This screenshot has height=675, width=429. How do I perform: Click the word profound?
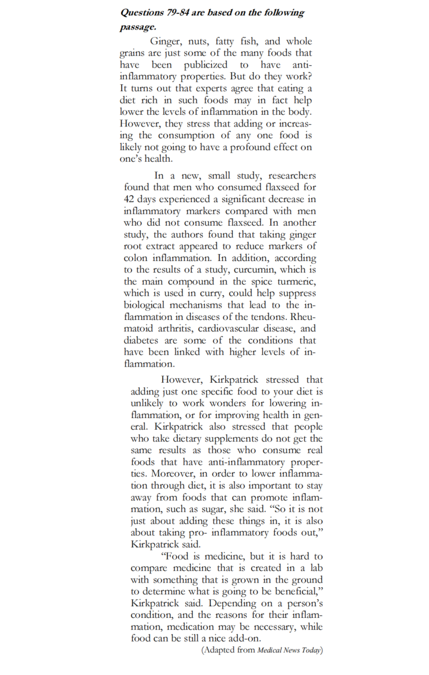tap(258, 147)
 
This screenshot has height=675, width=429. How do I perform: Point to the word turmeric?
tap(295, 281)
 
